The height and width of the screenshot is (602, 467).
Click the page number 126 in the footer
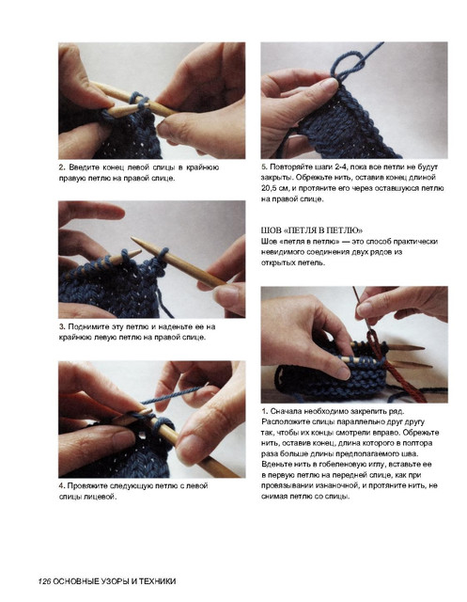pyautogui.click(x=44, y=581)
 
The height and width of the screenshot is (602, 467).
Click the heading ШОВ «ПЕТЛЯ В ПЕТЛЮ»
pyautogui.click(x=312, y=230)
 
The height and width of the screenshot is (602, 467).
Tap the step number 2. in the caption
pyautogui.click(x=62, y=167)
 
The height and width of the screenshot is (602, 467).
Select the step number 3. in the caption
pyautogui.click(x=62, y=326)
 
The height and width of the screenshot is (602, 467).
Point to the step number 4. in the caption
pyautogui.click(x=62, y=485)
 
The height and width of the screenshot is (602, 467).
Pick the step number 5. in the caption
pyautogui.click(x=264, y=167)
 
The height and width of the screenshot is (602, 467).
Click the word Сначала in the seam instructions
pyautogui.click(x=286, y=411)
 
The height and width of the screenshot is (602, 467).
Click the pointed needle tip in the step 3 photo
pyautogui.click(x=133, y=239)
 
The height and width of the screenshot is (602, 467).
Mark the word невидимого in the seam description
pyautogui.click(x=278, y=252)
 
